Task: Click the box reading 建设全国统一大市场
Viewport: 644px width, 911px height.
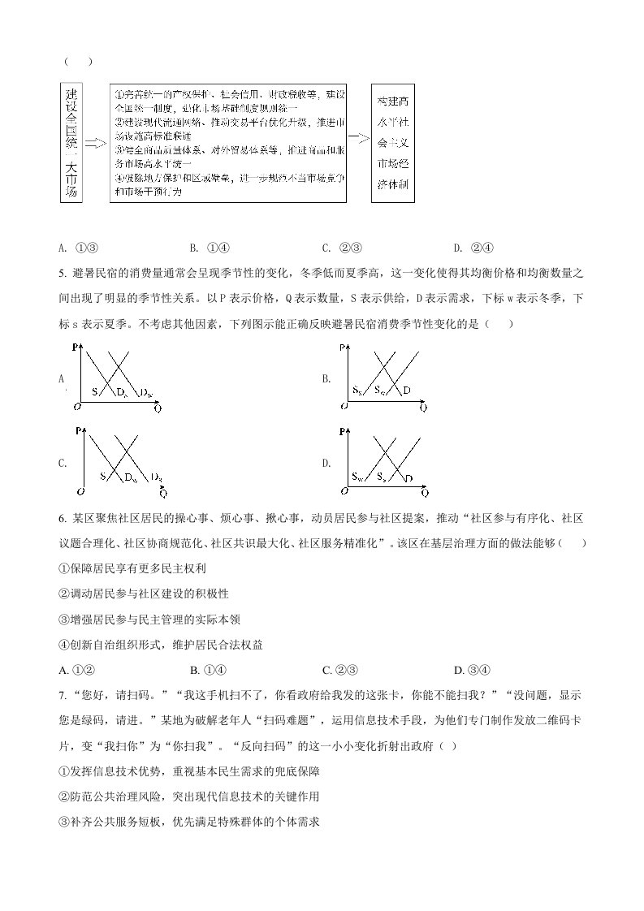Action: click(x=72, y=144)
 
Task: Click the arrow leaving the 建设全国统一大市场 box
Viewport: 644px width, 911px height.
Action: click(x=96, y=144)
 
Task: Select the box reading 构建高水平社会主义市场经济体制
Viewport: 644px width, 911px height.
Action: click(x=393, y=144)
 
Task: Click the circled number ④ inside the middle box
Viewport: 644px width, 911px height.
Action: click(x=117, y=179)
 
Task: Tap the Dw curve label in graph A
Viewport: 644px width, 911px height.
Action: click(x=146, y=393)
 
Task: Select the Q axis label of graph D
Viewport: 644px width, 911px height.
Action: click(x=423, y=490)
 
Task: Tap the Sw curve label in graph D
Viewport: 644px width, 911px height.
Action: click(x=358, y=476)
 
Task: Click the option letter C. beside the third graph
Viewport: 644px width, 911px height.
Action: click(x=63, y=464)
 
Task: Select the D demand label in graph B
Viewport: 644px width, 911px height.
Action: click(x=406, y=391)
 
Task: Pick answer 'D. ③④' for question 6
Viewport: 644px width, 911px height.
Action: click(x=471, y=670)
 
